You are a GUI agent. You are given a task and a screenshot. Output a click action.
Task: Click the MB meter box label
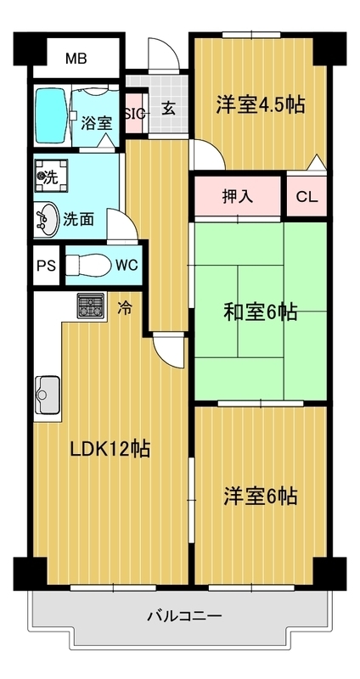tap(76, 58)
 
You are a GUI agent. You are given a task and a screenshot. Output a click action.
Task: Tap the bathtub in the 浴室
tap(51, 115)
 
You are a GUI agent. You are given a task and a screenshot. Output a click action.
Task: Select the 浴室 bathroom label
tap(97, 124)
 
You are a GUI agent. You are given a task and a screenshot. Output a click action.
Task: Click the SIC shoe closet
tap(136, 114)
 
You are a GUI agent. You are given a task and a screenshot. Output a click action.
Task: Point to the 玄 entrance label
tap(169, 109)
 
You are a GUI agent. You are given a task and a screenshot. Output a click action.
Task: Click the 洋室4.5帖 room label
tap(261, 104)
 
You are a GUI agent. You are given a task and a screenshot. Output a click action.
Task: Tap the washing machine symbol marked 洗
tap(51, 176)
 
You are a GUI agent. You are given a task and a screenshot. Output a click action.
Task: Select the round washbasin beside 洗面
tap(47, 219)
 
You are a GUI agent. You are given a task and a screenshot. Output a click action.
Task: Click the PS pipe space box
tap(47, 266)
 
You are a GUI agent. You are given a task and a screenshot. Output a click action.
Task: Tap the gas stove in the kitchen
tap(91, 306)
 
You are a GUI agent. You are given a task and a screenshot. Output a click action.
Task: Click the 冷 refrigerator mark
tap(124, 308)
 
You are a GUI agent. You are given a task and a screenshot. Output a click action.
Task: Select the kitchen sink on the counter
tap(48, 395)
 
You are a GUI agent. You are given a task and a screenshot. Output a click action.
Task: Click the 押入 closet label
tap(238, 197)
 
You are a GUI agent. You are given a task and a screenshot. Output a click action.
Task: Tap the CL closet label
tap(307, 197)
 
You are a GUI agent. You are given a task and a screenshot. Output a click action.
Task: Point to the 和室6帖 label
tap(261, 311)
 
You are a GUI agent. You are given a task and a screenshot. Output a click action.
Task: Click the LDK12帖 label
tap(110, 449)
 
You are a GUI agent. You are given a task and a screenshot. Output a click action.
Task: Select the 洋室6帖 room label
tap(261, 497)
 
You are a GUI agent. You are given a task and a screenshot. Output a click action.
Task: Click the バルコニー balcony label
tap(184, 614)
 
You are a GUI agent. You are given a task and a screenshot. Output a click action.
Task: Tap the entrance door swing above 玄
tap(164, 53)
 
